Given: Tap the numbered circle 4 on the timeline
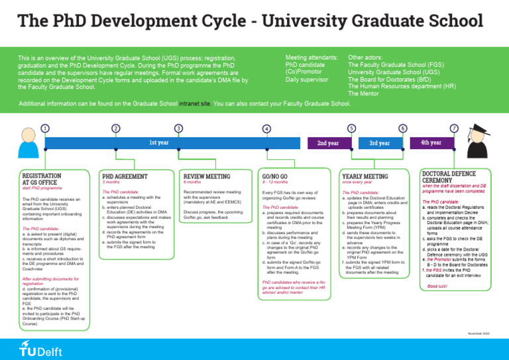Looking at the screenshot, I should (266, 128).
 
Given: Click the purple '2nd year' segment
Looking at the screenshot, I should (327, 143).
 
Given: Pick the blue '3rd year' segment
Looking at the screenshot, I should (379, 143).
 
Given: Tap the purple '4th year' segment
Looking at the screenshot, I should (431, 143).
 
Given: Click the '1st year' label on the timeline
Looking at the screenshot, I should (158, 143).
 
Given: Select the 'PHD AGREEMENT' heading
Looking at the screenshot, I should (125, 176).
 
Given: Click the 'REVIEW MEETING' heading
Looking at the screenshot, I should (206, 176).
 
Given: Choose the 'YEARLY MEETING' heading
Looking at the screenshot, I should (365, 176).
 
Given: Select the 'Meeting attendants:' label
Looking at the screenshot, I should (311, 58).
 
